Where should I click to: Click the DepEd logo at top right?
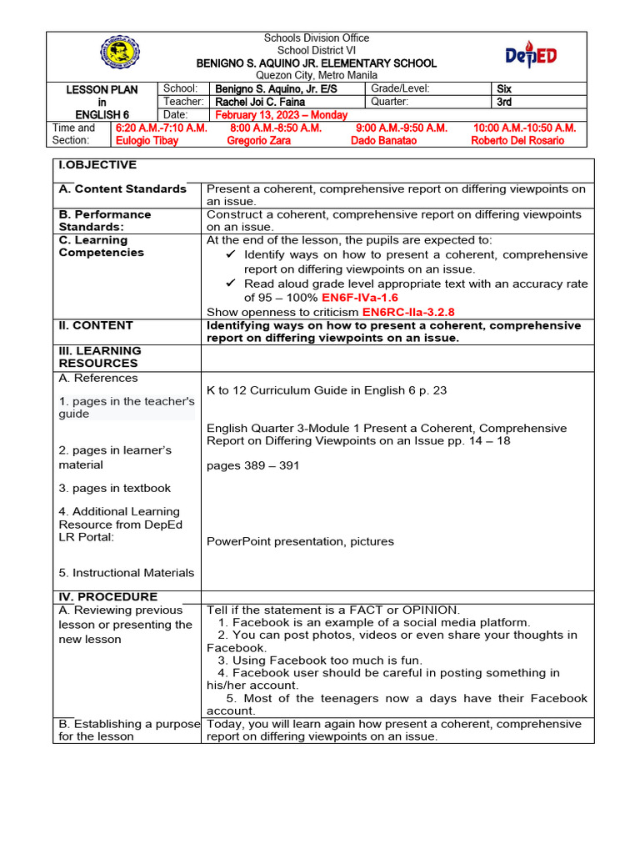pyautogui.click(x=531, y=56)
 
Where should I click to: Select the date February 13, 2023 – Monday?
pyautogui.click(x=281, y=115)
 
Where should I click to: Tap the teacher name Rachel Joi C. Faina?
pyautogui.click(x=260, y=102)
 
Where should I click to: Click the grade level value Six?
pyautogui.click(x=503, y=88)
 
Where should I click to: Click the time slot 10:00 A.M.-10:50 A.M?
pyautogui.click(x=524, y=128)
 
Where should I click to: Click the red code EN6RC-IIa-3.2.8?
pyautogui.click(x=408, y=312)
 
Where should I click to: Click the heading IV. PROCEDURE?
pyautogui.click(x=107, y=597)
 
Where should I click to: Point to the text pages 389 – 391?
pyautogui.click(x=252, y=465)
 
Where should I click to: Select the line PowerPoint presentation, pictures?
pyautogui.click(x=300, y=541)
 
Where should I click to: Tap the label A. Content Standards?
pyautogui.click(x=122, y=189)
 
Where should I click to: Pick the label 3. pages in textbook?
pyautogui.click(x=114, y=488)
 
